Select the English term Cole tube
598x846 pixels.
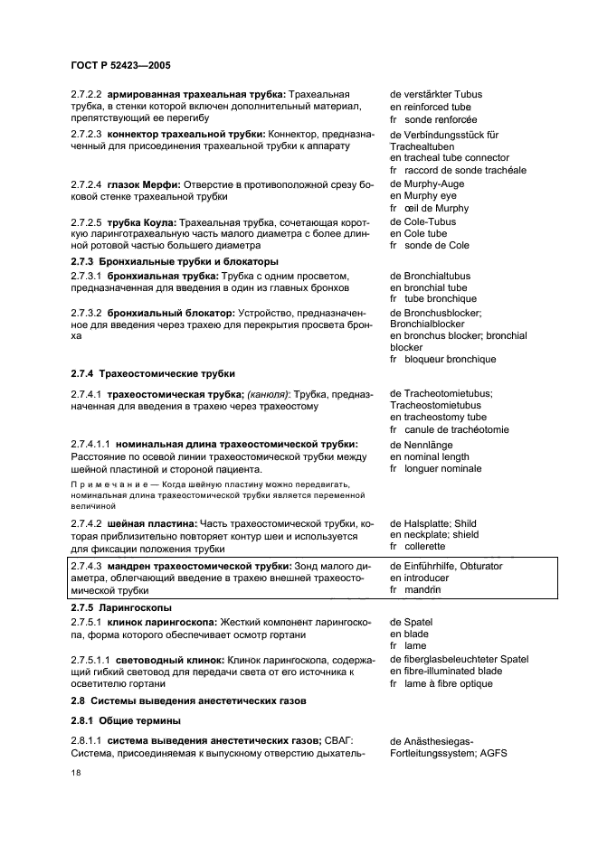click(x=426, y=233)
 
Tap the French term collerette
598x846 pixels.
click(x=425, y=546)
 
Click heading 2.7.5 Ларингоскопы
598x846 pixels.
click(x=121, y=607)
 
